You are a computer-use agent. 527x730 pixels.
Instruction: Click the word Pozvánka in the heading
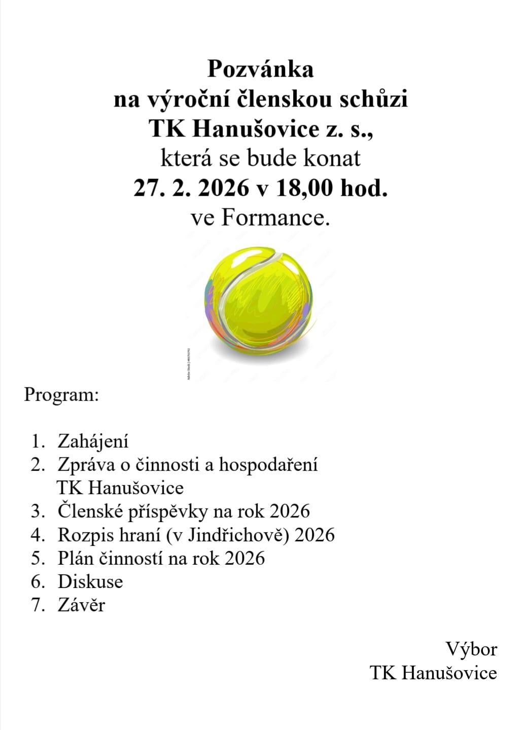(260, 69)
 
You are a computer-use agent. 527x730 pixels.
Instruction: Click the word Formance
(275, 218)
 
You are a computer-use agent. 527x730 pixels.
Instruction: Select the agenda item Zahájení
(93, 441)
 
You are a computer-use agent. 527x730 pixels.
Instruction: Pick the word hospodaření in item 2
(268, 464)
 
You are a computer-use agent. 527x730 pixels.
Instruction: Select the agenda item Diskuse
(90, 581)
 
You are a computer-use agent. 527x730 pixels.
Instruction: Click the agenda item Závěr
(81, 605)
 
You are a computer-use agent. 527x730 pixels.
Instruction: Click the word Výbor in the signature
(471, 649)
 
